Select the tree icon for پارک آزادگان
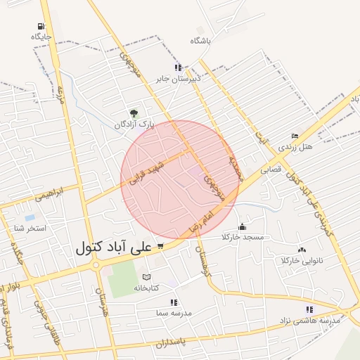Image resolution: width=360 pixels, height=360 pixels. (134, 112)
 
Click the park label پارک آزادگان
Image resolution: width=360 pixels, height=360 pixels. (134, 124)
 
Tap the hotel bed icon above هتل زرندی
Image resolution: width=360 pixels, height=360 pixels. (295, 136)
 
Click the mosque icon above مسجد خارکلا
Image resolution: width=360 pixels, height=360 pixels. (243, 226)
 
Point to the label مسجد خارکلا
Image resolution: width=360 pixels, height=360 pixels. (243, 238)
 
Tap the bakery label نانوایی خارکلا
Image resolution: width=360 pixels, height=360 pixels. (302, 261)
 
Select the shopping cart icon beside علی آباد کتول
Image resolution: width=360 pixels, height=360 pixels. (160, 246)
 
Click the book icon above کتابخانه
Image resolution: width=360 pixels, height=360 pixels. (146, 276)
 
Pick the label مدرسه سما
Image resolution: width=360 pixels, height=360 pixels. (174, 313)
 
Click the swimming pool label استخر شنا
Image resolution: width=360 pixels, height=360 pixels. (30, 229)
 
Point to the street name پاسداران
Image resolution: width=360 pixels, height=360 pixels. (170, 343)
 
